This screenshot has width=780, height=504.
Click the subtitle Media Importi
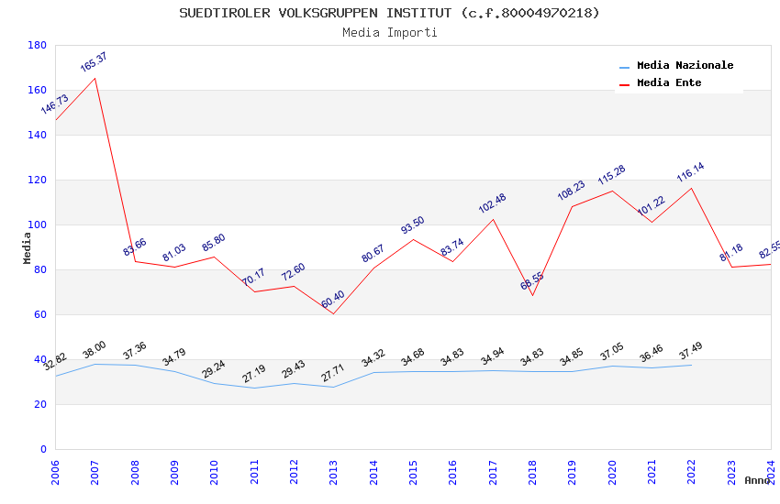[x=389, y=33]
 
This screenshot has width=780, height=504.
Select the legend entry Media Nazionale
[x=685, y=66]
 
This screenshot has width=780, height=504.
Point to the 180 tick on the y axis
[x=38, y=45]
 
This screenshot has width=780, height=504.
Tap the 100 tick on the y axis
[x=38, y=225]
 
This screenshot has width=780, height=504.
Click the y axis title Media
[x=28, y=247]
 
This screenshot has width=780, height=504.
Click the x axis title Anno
[x=757, y=480]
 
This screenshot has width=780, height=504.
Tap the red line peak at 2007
[x=95, y=78]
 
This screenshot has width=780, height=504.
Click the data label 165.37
[x=94, y=62]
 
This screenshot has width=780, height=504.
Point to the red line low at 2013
[x=333, y=313]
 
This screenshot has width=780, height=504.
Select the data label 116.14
[x=690, y=172]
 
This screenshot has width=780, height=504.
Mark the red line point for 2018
[x=532, y=295]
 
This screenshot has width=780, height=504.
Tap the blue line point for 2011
[x=254, y=388]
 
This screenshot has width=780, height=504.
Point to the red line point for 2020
[x=612, y=191]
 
